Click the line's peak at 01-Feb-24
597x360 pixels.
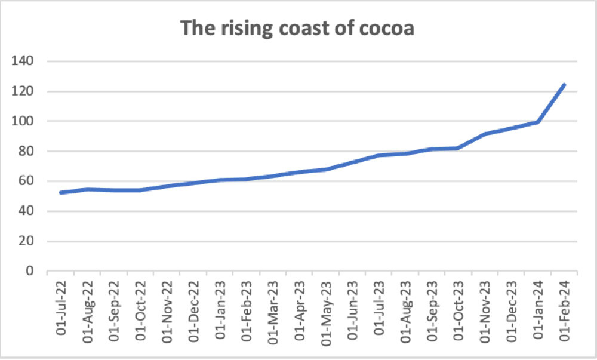564,85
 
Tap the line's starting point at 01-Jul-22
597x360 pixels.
61,192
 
